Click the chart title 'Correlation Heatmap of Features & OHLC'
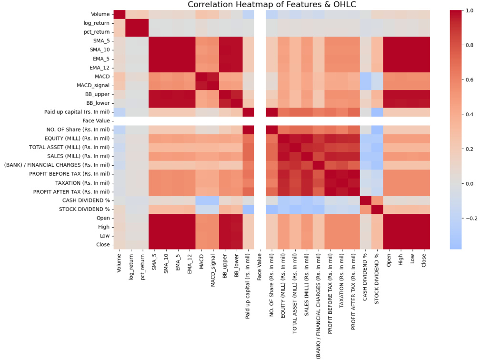[x=272, y=5]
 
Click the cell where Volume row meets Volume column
[x=120, y=14]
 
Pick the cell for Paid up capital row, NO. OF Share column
[x=272, y=112]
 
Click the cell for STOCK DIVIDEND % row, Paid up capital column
[x=249, y=209]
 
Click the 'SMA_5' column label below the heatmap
[x=155, y=261]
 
